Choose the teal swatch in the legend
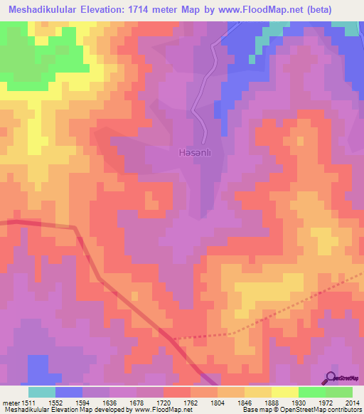42,392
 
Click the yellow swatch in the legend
284,392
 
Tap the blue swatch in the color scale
69,392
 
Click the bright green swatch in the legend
311,392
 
